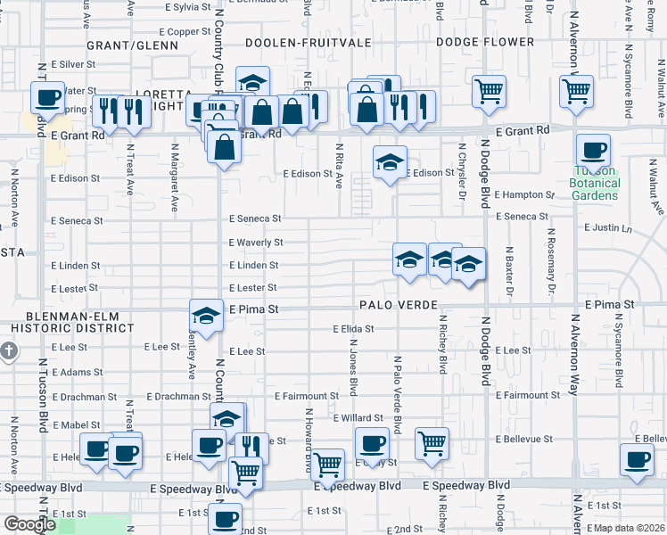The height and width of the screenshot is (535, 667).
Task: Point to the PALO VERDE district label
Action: [x=399, y=305]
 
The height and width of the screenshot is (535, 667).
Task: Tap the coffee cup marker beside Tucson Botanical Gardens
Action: [x=592, y=150]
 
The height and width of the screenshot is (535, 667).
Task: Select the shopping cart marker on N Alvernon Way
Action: [x=577, y=89]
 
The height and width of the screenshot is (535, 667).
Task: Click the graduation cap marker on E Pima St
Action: [x=206, y=316]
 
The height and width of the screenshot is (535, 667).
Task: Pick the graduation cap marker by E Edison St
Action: [x=390, y=162]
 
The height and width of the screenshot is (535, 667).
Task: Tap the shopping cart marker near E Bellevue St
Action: [x=432, y=443]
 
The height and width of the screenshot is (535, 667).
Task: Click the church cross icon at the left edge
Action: [x=9, y=350]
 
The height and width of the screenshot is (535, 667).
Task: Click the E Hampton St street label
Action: [x=524, y=194]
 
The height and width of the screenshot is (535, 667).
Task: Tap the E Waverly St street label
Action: [x=256, y=243]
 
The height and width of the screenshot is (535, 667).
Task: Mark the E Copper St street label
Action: [x=187, y=31]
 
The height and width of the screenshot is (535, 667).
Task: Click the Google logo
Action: [x=29, y=524]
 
